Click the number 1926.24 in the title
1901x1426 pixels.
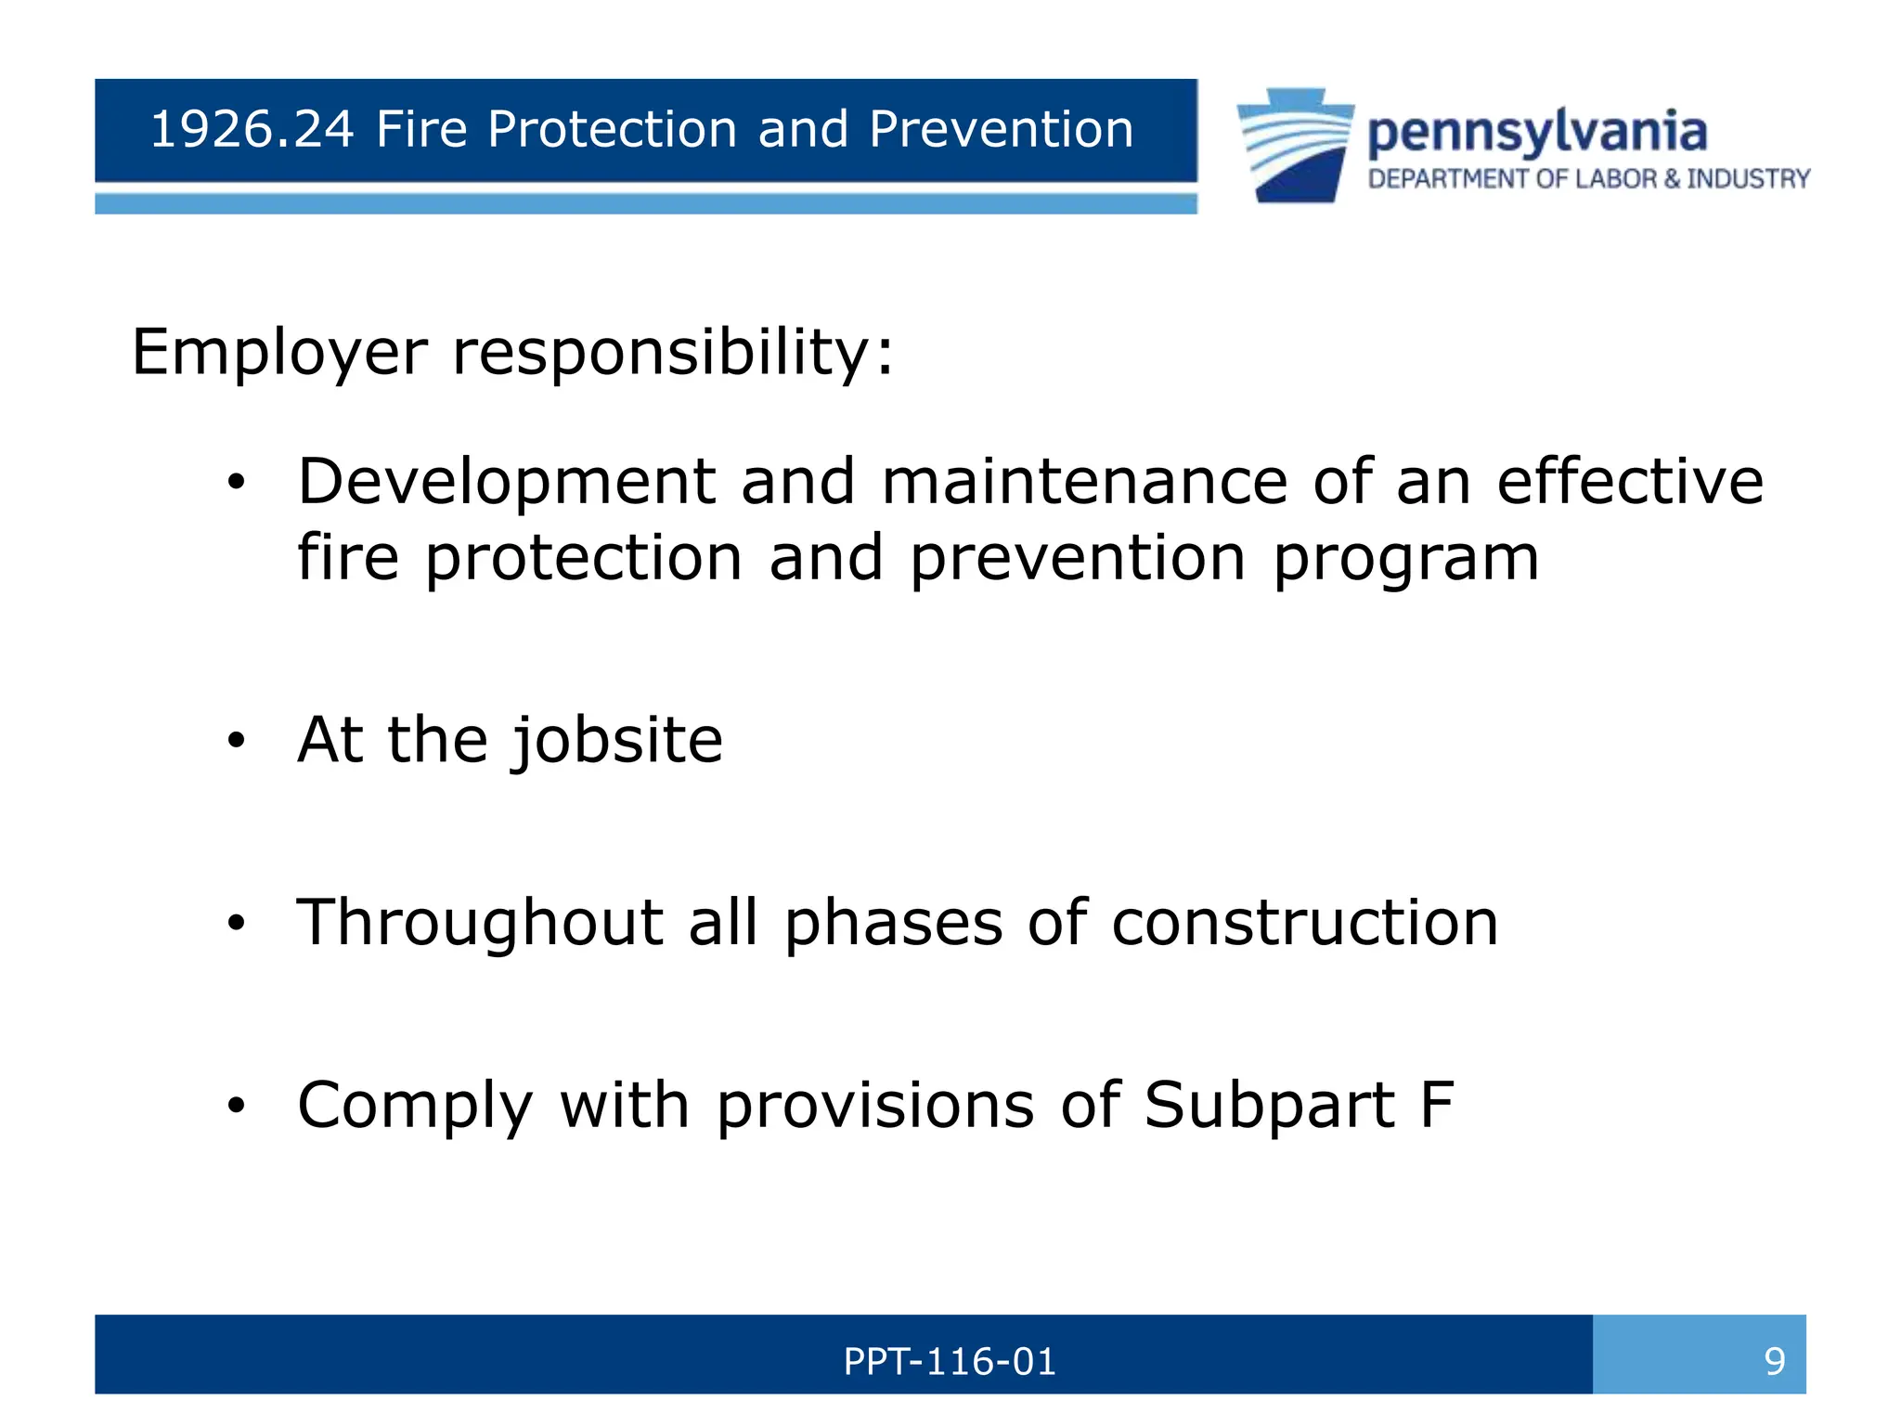(x=252, y=129)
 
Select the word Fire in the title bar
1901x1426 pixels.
(x=421, y=129)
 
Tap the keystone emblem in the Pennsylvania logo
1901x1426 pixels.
(x=1295, y=145)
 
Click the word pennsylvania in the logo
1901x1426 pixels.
(x=1537, y=133)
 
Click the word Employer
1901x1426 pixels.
(x=279, y=354)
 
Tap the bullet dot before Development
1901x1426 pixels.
(x=238, y=482)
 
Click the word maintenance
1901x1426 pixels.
(x=1084, y=482)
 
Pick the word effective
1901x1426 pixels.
(x=1630, y=482)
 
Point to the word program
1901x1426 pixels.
(x=1405, y=560)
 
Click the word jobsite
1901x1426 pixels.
(x=617, y=741)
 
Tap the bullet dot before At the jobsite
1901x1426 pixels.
(x=238, y=741)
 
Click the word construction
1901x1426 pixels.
(x=1304, y=924)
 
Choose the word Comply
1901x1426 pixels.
(x=415, y=1107)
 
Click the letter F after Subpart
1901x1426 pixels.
(x=1437, y=1105)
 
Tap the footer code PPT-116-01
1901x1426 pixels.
(x=950, y=1362)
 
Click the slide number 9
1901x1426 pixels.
(x=1774, y=1362)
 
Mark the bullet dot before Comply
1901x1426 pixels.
(x=238, y=1106)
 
